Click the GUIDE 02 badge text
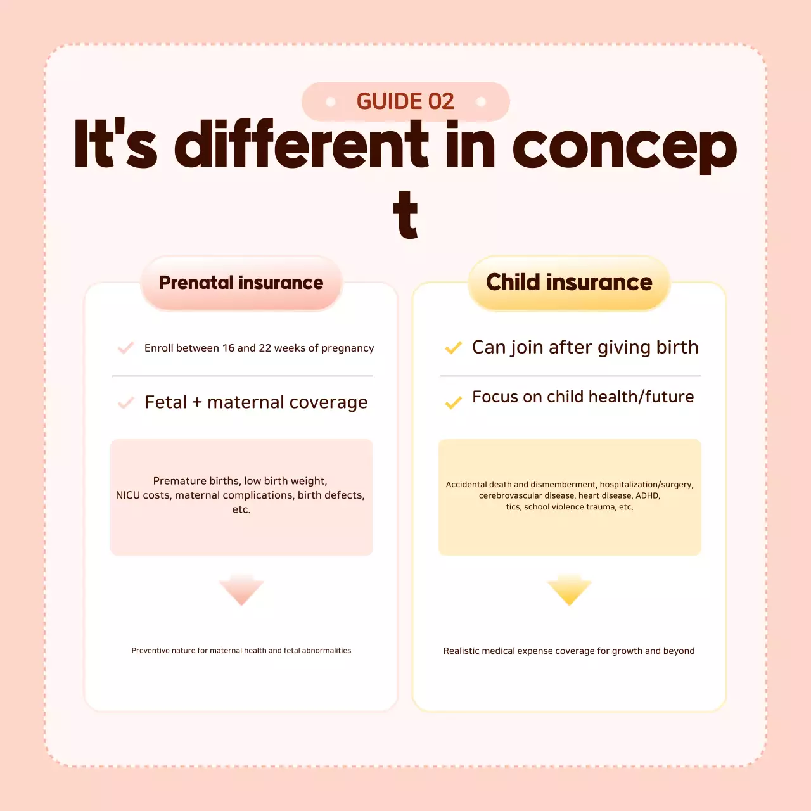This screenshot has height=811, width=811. [405, 101]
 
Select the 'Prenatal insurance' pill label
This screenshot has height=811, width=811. [241, 283]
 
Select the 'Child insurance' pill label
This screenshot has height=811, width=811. [569, 283]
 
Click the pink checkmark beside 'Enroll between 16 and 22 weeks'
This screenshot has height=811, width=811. [126, 348]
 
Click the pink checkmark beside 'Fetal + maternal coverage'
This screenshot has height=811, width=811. [126, 403]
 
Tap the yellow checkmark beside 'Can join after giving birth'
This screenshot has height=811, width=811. [454, 348]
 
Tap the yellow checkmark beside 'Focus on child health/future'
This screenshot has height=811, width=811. [454, 403]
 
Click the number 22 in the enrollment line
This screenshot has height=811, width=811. [265, 348]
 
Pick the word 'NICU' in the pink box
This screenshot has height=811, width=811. [127, 495]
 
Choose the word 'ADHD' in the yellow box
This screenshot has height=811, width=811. [648, 495]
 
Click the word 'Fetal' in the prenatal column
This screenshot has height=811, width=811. [165, 402]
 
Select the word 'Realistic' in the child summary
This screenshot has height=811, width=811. [461, 651]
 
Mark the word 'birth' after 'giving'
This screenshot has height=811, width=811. [677, 347]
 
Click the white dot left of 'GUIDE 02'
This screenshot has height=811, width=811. [330, 101]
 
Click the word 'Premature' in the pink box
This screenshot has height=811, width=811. [176, 481]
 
